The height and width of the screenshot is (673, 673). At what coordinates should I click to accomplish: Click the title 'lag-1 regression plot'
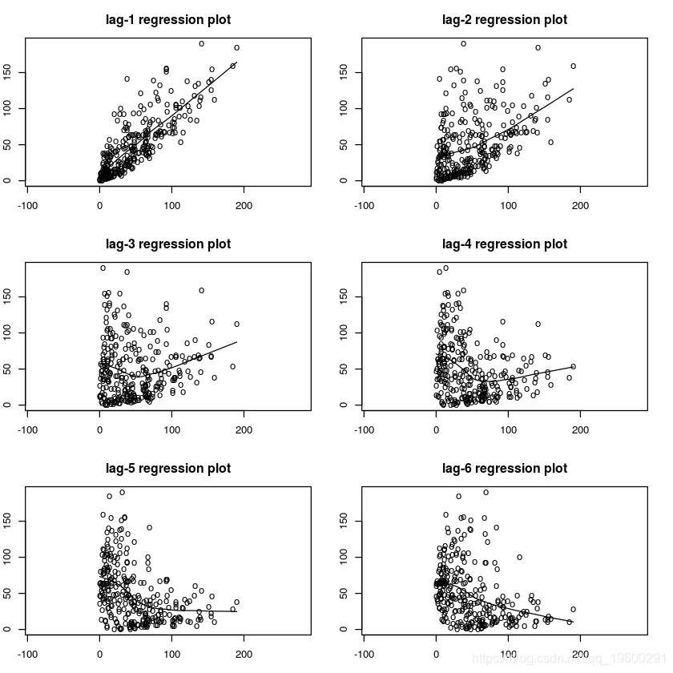click(168, 19)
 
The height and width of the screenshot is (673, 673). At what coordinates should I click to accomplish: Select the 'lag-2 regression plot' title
click(505, 19)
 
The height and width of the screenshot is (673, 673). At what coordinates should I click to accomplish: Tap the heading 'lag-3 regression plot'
click(168, 244)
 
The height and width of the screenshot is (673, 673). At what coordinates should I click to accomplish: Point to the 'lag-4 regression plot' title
click(505, 244)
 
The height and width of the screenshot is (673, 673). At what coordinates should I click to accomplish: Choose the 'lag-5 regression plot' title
click(168, 468)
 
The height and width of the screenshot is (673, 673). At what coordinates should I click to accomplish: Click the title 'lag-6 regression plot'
click(505, 468)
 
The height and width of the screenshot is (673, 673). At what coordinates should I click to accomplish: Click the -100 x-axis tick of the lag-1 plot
click(28, 206)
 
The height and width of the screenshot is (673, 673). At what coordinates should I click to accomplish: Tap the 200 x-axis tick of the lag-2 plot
click(582, 206)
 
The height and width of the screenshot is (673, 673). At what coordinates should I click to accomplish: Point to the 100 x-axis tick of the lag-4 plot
click(509, 430)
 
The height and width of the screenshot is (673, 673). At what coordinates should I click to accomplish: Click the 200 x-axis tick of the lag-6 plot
click(582, 655)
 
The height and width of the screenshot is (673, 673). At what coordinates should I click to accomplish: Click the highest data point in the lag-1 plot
click(201, 43)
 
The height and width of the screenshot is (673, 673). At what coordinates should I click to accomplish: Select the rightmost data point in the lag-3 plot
click(236, 324)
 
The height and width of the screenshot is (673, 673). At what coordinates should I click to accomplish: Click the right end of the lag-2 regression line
click(574, 89)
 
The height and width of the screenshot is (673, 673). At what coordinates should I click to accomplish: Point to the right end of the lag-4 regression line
click(574, 366)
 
